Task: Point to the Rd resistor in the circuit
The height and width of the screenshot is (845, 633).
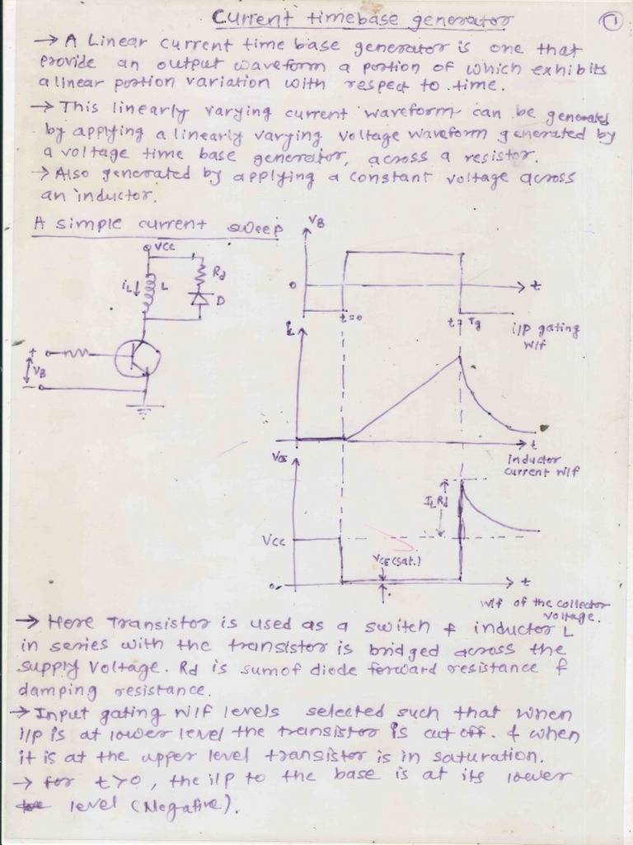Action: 199,273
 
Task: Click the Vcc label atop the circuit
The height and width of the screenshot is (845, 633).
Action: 162,246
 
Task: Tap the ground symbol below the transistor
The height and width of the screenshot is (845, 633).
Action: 146,408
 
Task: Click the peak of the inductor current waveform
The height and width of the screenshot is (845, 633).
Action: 459,356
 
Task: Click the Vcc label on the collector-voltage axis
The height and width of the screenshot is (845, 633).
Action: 274,541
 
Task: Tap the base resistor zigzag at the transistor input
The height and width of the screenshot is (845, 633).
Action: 81,355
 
